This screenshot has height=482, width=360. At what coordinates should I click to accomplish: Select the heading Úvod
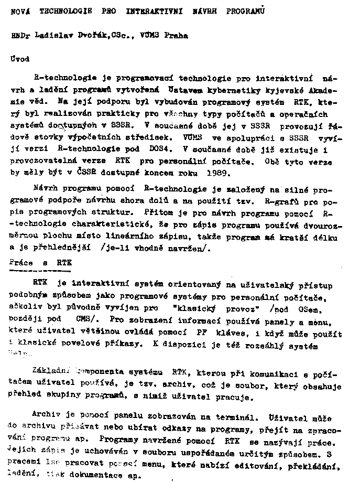point(20,60)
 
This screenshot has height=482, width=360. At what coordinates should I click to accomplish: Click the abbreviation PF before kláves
point(201,333)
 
